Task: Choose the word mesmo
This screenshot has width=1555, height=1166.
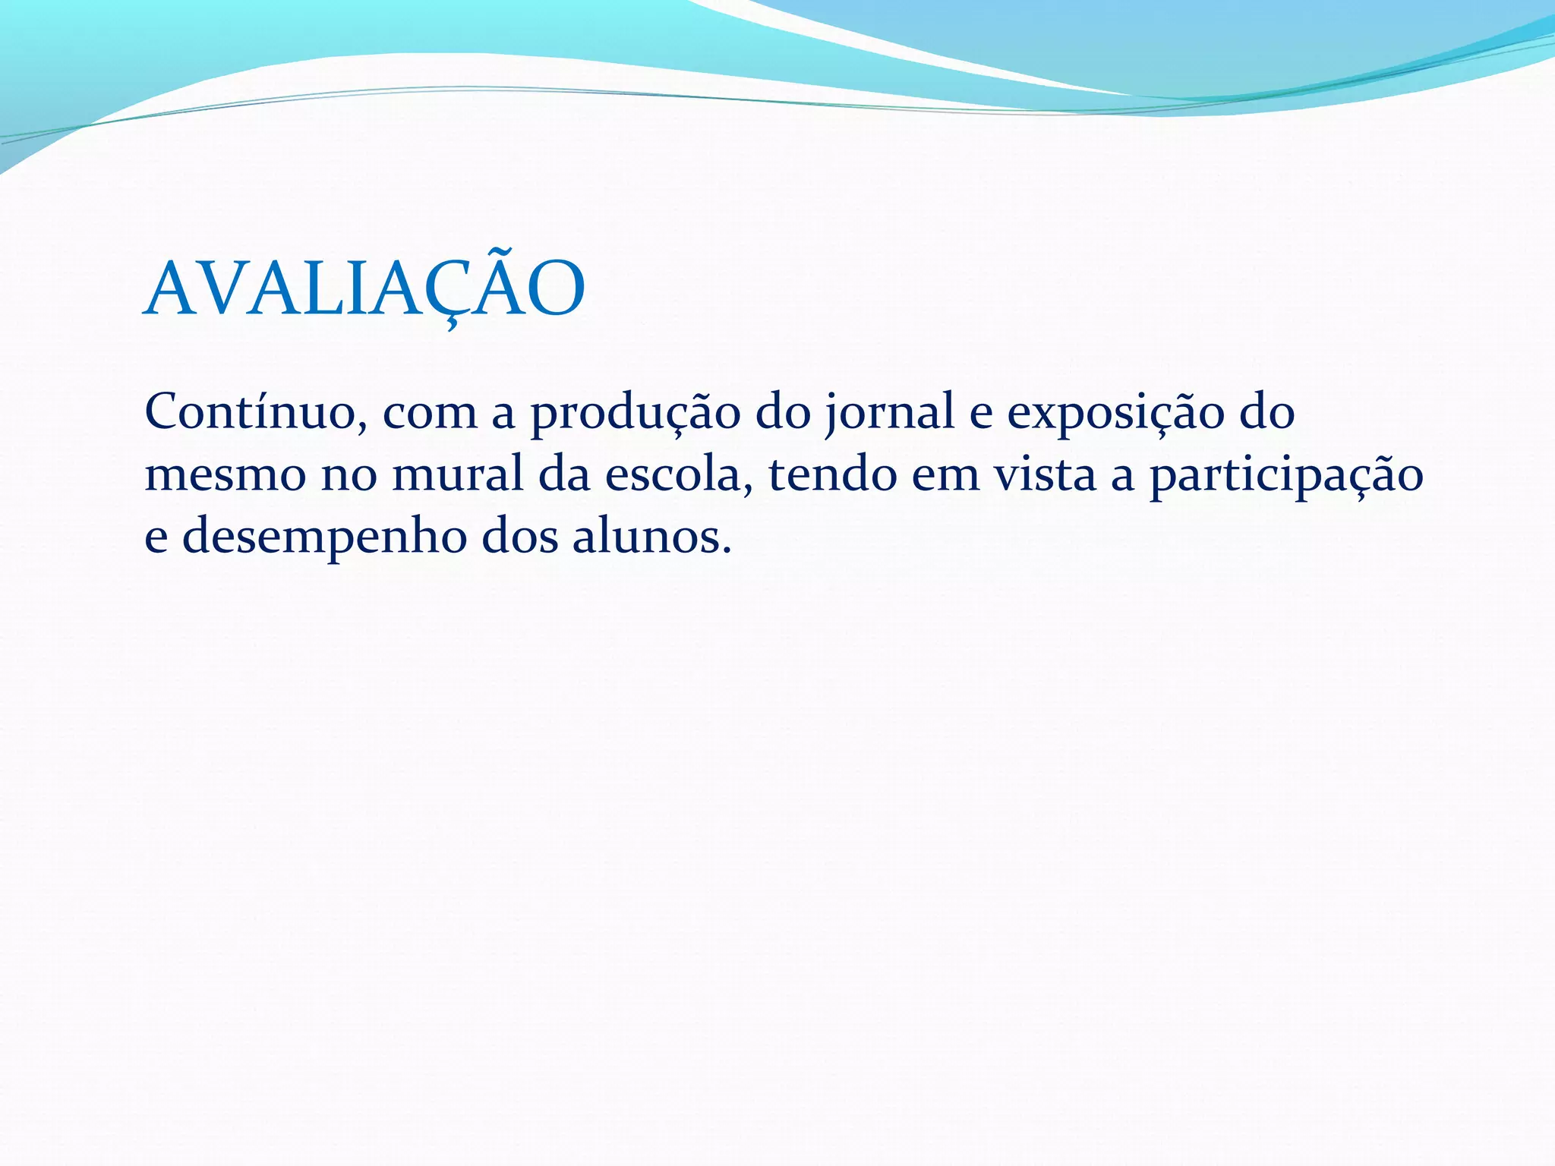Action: tap(223, 476)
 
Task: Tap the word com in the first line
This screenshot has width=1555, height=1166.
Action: tap(430, 414)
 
